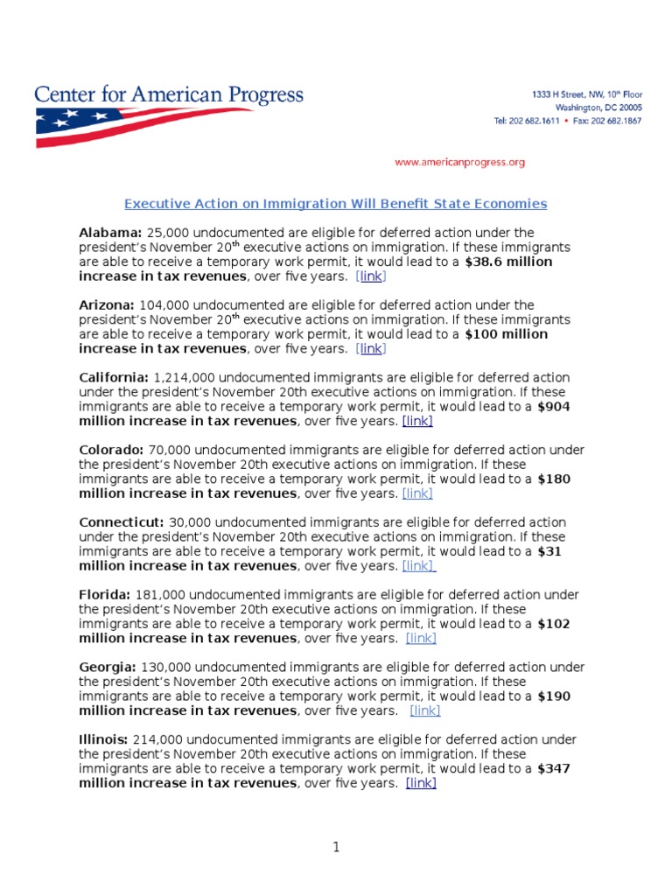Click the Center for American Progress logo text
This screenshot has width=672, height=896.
[x=169, y=94]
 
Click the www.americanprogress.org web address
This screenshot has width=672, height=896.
[x=459, y=162]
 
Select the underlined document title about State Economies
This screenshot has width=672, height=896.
[x=335, y=204]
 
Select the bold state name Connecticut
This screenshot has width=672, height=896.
[x=121, y=522]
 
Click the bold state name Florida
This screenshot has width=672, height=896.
[x=104, y=595]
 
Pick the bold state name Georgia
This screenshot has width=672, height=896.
[x=108, y=668]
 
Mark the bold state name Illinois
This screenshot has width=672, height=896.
[x=104, y=740]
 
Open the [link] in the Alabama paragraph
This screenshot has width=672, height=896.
[x=371, y=276]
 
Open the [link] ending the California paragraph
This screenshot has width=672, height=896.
[x=417, y=421]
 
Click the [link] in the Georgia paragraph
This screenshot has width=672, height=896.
[x=425, y=710]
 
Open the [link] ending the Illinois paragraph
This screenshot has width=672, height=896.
[x=421, y=783]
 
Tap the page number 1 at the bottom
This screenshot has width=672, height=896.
[x=336, y=847]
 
